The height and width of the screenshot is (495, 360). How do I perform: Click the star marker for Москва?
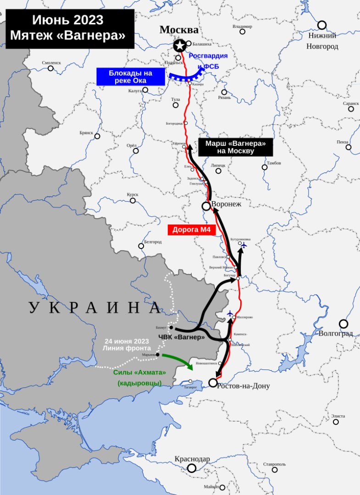[180, 45]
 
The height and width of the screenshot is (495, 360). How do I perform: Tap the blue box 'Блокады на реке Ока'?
[131, 77]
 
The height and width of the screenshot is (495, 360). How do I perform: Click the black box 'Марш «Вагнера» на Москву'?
[235, 147]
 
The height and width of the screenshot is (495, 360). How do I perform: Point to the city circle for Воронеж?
[206, 206]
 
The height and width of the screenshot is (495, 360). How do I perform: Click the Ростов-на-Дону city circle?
[213, 382]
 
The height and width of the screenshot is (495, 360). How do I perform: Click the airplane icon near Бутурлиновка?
[244, 246]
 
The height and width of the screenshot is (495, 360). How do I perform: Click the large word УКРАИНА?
[94, 308]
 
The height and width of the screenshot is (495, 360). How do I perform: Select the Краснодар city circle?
[191, 468]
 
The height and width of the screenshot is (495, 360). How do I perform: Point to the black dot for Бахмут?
[171, 328]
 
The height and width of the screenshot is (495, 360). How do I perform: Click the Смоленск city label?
[51, 63]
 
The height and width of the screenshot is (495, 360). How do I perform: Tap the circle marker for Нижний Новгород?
[322, 25]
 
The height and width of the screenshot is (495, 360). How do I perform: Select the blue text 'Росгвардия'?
[208, 55]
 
